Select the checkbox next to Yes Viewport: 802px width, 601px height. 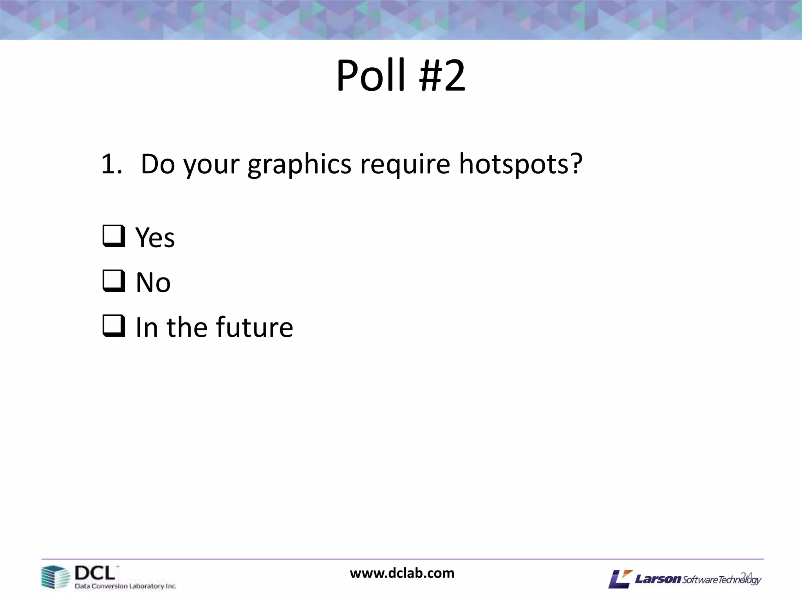click(114, 236)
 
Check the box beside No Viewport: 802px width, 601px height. click(114, 281)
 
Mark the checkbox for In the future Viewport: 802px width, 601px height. click(114, 326)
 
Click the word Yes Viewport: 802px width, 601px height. click(155, 238)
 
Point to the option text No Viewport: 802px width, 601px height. click(153, 283)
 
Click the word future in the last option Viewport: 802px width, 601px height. click(254, 327)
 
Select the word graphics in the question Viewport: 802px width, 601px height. click(299, 165)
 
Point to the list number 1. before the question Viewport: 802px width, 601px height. click(111, 164)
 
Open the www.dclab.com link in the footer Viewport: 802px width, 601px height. click(402, 573)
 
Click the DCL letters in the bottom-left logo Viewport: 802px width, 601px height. click(95, 573)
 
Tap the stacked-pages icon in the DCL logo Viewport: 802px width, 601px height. click(55, 577)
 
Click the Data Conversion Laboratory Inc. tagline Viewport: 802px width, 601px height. click(125, 586)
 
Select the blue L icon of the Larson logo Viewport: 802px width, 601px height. click(620, 579)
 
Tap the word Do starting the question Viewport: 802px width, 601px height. click(157, 164)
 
